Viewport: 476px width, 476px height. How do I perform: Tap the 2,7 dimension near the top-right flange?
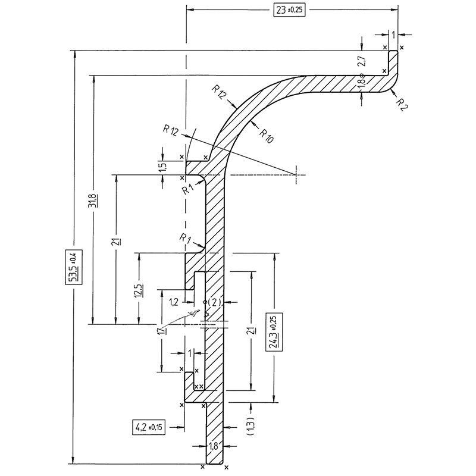pos(361,59)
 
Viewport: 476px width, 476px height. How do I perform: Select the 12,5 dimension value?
pos(138,292)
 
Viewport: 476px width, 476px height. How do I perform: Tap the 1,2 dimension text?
pos(174,303)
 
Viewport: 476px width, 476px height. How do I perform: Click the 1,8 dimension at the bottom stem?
pos(214,444)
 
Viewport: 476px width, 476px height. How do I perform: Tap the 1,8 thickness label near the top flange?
pos(361,84)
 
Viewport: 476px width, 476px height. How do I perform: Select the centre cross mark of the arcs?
pos(296,174)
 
